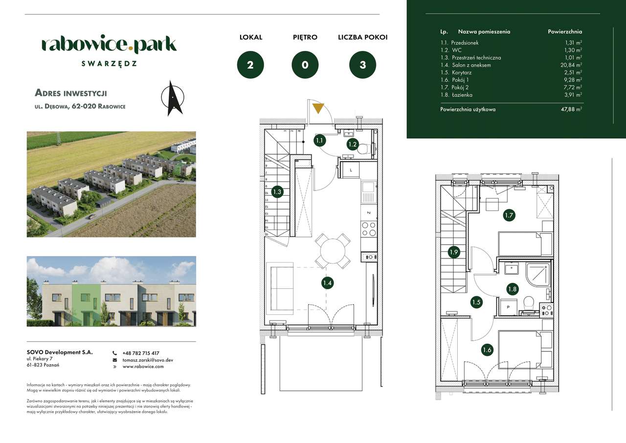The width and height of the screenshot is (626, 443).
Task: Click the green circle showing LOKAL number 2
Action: [x=250, y=65]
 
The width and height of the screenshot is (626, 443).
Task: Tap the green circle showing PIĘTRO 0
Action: [x=305, y=65]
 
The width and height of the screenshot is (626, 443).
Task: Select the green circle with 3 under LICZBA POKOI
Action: [x=362, y=65]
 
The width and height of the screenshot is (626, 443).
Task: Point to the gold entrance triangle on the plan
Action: [x=318, y=108]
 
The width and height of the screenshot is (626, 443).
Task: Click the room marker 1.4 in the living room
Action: [x=327, y=282]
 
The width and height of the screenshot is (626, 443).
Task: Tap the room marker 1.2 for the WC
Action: [x=353, y=144]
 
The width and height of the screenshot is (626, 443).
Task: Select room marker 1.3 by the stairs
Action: [x=277, y=192]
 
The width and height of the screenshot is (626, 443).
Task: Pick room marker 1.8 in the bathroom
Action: [x=512, y=289]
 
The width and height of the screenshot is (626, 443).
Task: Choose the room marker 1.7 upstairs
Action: [x=509, y=215]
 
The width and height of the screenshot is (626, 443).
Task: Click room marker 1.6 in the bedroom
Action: [x=487, y=350]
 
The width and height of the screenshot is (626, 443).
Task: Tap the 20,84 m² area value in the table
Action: [x=572, y=65]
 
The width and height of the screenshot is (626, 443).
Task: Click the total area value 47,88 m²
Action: [x=571, y=110]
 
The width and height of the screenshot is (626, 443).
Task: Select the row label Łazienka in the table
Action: [x=462, y=95]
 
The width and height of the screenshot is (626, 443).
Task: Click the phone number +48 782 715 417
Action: [x=141, y=353]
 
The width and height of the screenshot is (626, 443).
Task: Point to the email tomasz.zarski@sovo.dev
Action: [x=148, y=360]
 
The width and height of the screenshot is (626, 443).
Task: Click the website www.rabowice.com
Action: [x=143, y=366]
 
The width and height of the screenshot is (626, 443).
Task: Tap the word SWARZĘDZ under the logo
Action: [x=109, y=63]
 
